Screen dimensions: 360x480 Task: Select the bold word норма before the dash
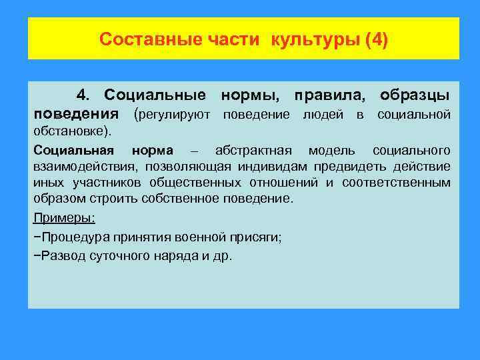[x=153, y=149]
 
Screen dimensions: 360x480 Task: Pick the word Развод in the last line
[x=59, y=256]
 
